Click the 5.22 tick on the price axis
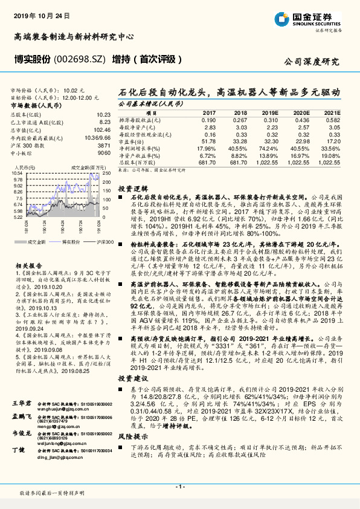18,216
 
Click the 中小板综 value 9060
104,153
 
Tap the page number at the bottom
179,487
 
